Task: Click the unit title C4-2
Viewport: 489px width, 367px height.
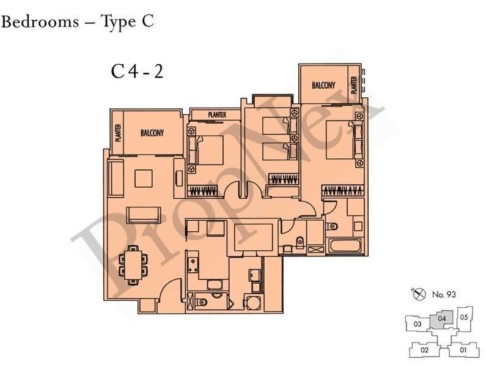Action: coord(137,72)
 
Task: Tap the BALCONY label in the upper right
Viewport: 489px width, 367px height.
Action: coord(323,85)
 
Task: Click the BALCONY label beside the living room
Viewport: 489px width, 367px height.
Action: coord(152,133)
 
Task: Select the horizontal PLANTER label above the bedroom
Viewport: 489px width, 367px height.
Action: coord(217,115)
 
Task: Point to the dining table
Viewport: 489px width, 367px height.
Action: coord(133,265)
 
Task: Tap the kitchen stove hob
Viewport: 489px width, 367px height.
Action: coord(193,265)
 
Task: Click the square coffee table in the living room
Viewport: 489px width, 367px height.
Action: coord(144,178)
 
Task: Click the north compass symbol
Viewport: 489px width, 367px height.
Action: coord(419,294)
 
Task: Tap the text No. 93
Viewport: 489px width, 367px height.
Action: coord(444,294)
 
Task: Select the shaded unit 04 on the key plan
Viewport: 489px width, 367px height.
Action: coord(441,319)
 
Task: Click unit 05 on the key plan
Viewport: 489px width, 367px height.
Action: coord(465,318)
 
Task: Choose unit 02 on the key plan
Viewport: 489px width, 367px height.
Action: coord(424,350)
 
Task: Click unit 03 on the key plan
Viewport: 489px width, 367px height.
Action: coord(417,324)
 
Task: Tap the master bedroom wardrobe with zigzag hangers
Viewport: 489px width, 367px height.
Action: coord(343,190)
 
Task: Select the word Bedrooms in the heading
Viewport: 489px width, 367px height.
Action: coord(40,22)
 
